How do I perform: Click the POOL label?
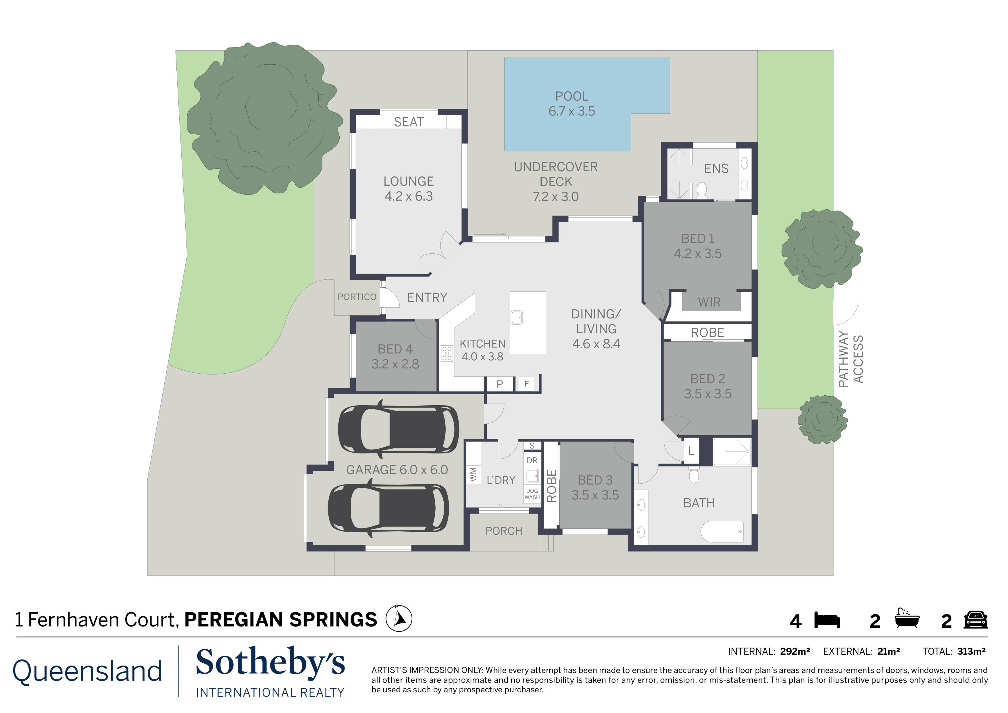tap(572, 96)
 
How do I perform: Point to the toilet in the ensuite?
tap(701, 190)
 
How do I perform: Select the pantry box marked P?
tap(500, 384)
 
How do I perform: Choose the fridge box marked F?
tap(527, 384)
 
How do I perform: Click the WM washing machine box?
tap(473, 474)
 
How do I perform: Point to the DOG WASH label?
tap(532, 494)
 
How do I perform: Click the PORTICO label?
tap(357, 297)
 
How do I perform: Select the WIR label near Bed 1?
tap(709, 302)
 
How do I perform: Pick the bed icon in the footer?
tap(827, 620)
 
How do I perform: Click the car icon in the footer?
tap(976, 620)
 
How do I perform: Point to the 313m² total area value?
tap(971, 651)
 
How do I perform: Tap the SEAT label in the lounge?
tap(409, 122)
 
